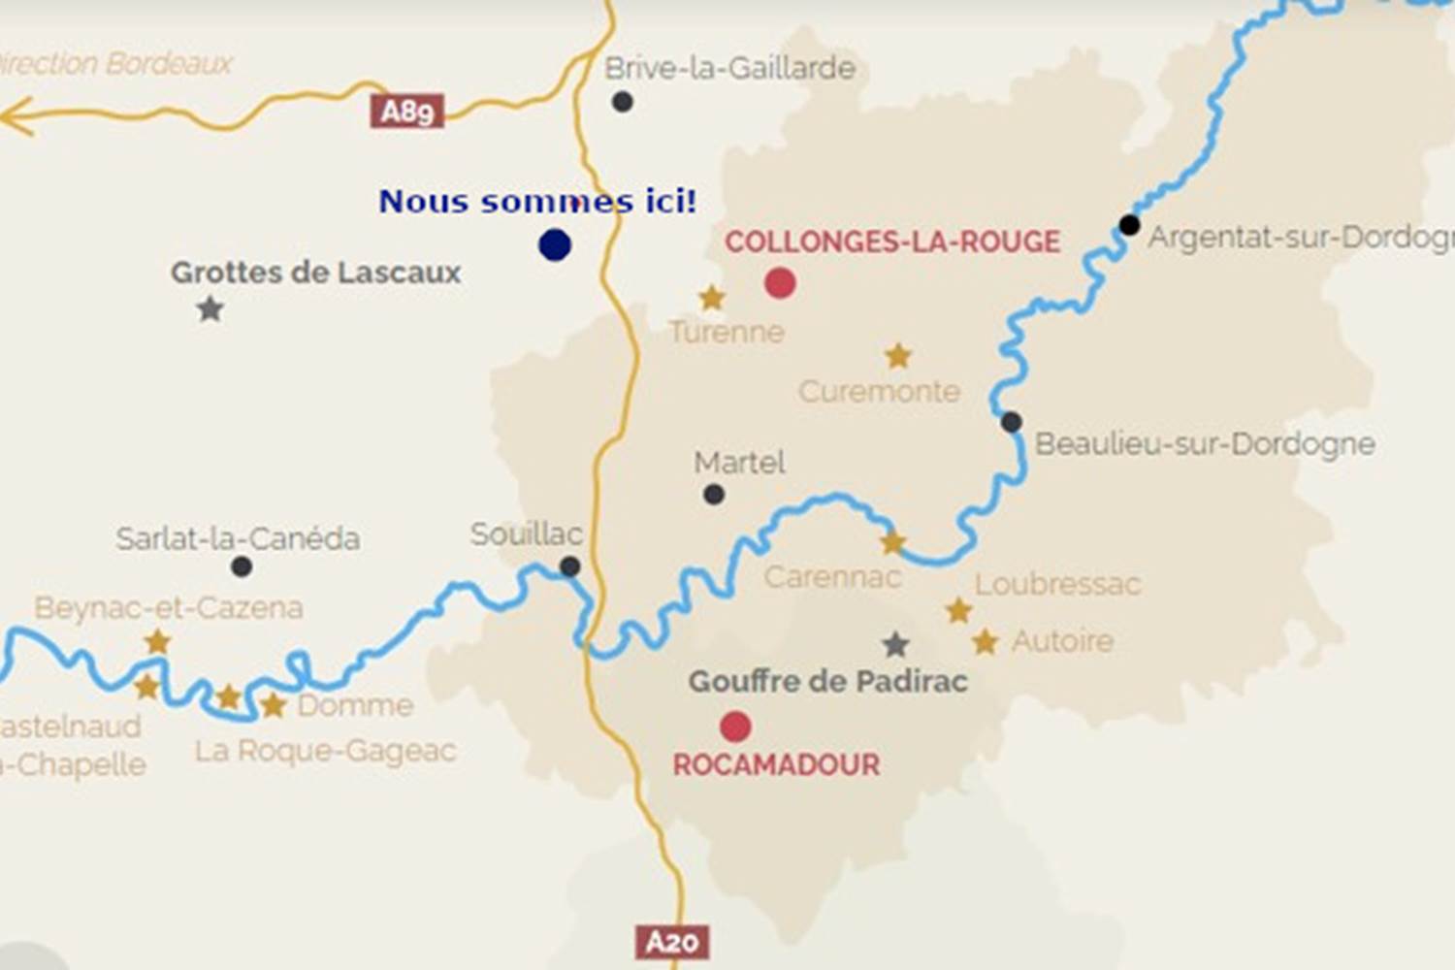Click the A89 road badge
click(406, 112)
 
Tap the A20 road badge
click(672, 942)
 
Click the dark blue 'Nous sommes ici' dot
click(555, 244)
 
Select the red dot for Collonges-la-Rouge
click(780, 282)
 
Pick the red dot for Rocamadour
click(735, 726)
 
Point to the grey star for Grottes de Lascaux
click(210, 309)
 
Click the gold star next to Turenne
click(712, 298)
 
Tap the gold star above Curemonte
click(898, 356)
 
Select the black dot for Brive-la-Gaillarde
click(623, 101)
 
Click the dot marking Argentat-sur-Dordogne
click(1129, 225)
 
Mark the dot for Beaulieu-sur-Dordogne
click(1011, 422)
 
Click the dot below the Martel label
click(714, 495)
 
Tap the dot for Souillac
click(570, 566)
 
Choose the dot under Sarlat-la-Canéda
click(242, 566)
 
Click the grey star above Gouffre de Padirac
click(895, 644)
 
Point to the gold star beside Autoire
click(986, 641)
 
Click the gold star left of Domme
click(274, 705)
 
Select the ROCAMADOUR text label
click(776, 764)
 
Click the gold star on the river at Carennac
click(892, 543)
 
